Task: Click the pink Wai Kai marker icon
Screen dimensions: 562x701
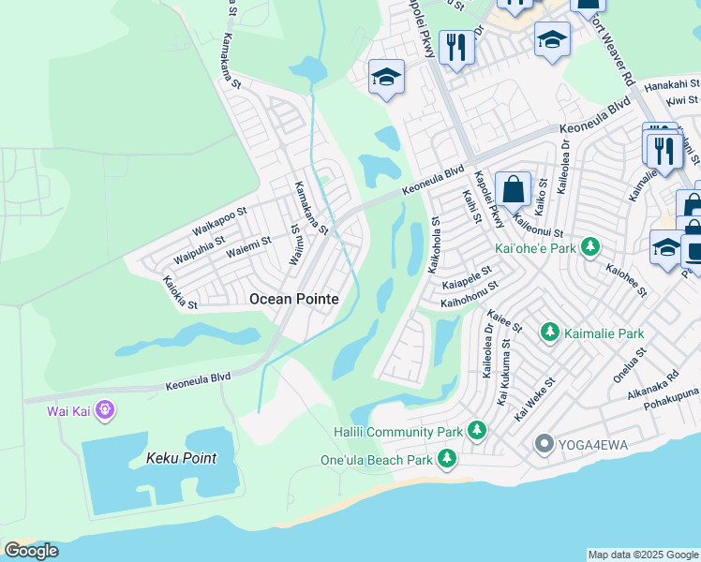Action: [x=104, y=410]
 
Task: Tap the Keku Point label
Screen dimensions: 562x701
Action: [x=181, y=458]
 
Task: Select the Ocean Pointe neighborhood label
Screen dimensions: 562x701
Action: [x=292, y=299]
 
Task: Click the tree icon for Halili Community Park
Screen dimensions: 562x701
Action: [x=478, y=431]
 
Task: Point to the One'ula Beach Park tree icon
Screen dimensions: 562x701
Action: [x=448, y=459]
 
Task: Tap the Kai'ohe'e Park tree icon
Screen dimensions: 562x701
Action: [x=589, y=247]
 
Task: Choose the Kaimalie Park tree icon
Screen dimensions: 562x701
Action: [x=549, y=333]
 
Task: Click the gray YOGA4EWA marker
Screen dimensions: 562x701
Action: [x=543, y=443]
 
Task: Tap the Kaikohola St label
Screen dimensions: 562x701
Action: [x=434, y=246]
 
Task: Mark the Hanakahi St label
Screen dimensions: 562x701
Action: [x=670, y=82]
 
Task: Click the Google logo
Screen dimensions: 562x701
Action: [x=31, y=551]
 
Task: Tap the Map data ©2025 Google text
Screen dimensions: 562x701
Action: [x=643, y=555]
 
